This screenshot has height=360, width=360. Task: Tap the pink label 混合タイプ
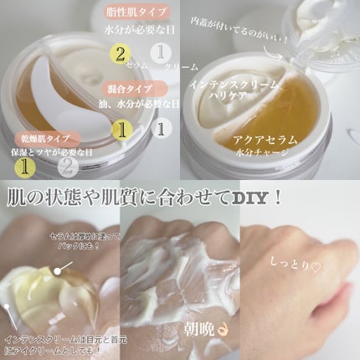(128, 89)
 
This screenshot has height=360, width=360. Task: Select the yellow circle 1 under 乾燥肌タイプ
(28, 166)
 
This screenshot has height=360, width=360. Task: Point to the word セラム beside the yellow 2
(140, 65)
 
